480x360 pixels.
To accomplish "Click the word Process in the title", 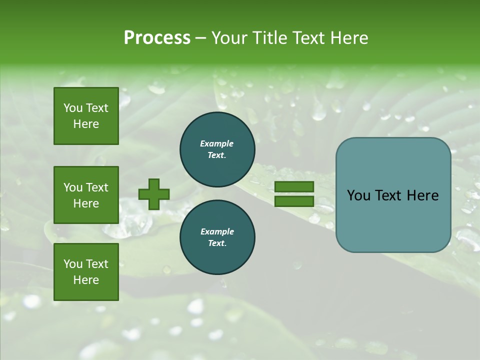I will click(x=157, y=38).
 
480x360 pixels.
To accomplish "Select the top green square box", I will click(x=86, y=116).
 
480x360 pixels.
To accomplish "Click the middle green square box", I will click(x=86, y=195).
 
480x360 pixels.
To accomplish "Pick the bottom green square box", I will click(x=86, y=272).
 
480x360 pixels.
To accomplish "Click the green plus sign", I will click(x=154, y=194).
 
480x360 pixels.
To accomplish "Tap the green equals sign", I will click(x=294, y=194).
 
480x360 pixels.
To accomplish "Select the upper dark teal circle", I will click(x=217, y=149).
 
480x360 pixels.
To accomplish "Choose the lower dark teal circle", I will click(x=217, y=237).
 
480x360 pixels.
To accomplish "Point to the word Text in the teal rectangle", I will click(x=391, y=195).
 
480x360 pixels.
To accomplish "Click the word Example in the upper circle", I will click(x=217, y=143).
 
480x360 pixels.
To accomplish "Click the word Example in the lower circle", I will click(x=217, y=231).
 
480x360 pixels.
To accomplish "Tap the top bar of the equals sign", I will click(x=294, y=186).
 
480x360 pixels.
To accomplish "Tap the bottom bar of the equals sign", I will click(x=294, y=201).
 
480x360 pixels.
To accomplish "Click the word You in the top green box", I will click(x=73, y=108).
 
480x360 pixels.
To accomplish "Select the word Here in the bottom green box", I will click(x=86, y=280).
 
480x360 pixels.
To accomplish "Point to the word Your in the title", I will click(x=229, y=38).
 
